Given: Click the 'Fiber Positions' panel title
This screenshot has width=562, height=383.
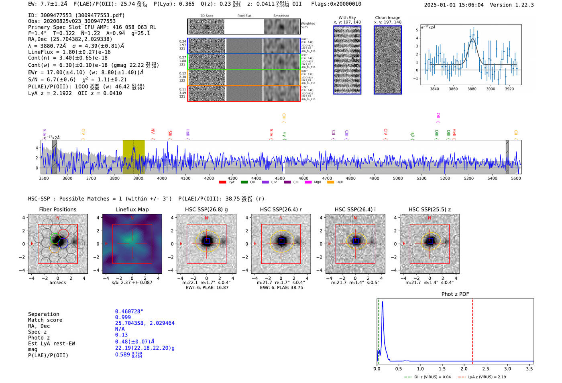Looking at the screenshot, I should (x=57, y=209).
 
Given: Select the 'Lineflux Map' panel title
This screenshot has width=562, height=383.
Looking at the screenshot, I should (x=132, y=209).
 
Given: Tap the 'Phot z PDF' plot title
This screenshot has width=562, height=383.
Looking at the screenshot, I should (x=455, y=294).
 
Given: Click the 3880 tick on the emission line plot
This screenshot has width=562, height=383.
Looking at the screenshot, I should (x=472, y=89).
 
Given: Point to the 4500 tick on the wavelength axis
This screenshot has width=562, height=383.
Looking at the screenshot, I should (x=280, y=178).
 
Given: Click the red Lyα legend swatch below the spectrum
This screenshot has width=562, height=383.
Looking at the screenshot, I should (x=223, y=182).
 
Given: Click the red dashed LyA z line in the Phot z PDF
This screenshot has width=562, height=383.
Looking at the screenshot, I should (x=472, y=330).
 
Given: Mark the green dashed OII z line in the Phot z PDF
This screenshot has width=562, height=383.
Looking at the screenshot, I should (x=379, y=330).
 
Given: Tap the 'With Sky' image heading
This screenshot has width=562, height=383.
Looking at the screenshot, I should (x=347, y=18).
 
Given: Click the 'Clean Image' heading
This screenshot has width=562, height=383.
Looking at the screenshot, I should (x=387, y=18).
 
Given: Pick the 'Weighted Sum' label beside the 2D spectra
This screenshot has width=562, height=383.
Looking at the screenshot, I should (x=308, y=25).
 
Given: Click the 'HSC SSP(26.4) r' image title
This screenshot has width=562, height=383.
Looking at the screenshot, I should (x=281, y=209).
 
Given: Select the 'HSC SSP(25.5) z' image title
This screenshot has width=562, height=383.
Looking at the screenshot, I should (x=430, y=209).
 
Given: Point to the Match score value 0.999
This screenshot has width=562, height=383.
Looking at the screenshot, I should (x=123, y=317).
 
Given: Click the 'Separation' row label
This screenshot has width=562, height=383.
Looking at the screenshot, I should (x=43, y=314).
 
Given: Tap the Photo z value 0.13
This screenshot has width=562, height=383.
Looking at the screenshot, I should (x=121, y=335).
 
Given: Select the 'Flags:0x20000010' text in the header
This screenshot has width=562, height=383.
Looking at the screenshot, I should (x=336, y=4).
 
